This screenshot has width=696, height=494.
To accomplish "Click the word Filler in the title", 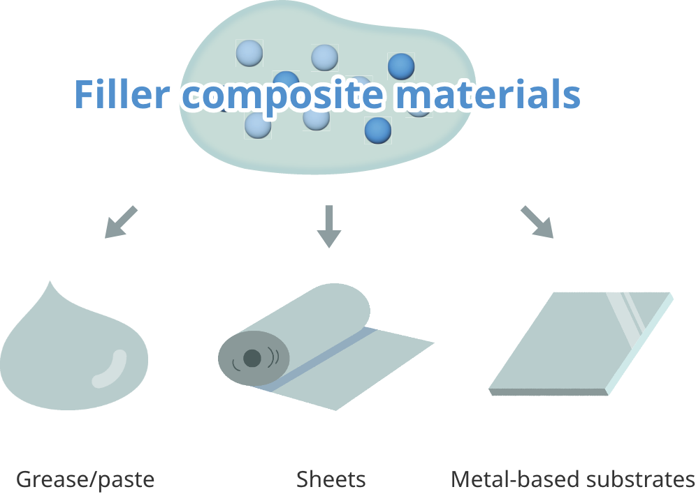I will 120,95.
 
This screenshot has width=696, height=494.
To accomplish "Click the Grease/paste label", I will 85,480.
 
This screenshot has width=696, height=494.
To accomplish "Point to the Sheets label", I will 331,480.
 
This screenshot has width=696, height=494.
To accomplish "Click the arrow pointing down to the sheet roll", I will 328,227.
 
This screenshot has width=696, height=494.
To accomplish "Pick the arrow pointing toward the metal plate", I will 537,223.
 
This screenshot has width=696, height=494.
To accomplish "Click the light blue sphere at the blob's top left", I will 249,52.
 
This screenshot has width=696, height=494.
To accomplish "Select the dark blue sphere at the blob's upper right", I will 401,66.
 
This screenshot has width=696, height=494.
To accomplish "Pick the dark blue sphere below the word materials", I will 378,130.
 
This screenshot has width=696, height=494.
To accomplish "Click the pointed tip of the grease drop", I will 50,283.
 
